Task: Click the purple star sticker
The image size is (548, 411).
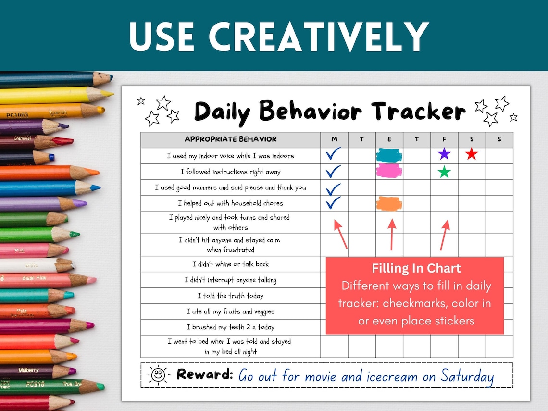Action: pyautogui.click(x=444, y=154)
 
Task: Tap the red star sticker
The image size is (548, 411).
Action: pyautogui.click(x=472, y=154)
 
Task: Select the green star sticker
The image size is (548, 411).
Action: pyautogui.click(x=444, y=172)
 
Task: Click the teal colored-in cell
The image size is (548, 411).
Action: pyautogui.click(x=389, y=155)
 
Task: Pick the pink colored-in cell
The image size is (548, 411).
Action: pyautogui.click(x=389, y=171)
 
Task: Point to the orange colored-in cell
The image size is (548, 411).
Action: pyautogui.click(x=389, y=203)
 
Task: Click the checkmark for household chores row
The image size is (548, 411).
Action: pyautogui.click(x=333, y=203)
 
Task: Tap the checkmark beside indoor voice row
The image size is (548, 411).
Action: pyautogui.click(x=333, y=154)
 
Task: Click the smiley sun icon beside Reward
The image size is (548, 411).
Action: pyautogui.click(x=158, y=375)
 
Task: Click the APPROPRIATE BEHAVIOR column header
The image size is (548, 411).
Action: pyautogui.click(x=231, y=139)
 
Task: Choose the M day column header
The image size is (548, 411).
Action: pyautogui.click(x=334, y=139)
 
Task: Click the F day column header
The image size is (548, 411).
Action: pyautogui.click(x=444, y=139)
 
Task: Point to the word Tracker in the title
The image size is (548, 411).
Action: pyautogui.click(x=418, y=112)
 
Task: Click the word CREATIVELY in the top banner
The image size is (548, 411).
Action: pyautogui.click(x=318, y=37)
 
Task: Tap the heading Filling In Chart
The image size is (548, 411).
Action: pyautogui.click(x=416, y=269)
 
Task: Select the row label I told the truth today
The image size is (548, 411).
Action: pyautogui.click(x=230, y=296)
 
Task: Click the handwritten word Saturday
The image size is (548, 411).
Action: pyautogui.click(x=466, y=376)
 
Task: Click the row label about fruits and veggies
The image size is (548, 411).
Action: pyautogui.click(x=230, y=311)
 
